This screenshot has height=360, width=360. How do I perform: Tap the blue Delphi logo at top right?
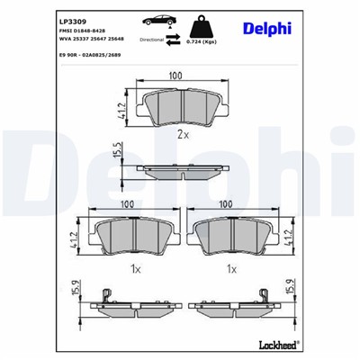266,29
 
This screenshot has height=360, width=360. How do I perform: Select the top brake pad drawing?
178,107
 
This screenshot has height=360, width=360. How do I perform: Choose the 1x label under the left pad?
133,268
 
